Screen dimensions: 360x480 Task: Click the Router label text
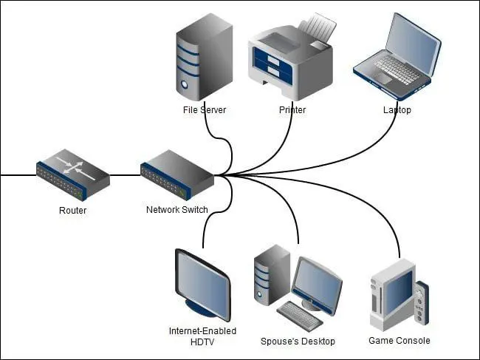(x=72, y=211)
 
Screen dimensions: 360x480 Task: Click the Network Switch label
(x=176, y=210)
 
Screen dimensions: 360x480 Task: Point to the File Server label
(x=205, y=110)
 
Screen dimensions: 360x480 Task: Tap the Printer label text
(x=292, y=110)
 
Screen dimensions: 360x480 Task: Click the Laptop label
(x=397, y=110)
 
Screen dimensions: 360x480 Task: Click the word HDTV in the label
(x=202, y=342)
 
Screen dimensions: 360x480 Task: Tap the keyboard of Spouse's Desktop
(x=299, y=314)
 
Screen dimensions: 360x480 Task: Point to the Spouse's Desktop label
(x=298, y=342)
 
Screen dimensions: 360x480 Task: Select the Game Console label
(x=399, y=341)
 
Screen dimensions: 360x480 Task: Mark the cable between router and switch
(x=125, y=176)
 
